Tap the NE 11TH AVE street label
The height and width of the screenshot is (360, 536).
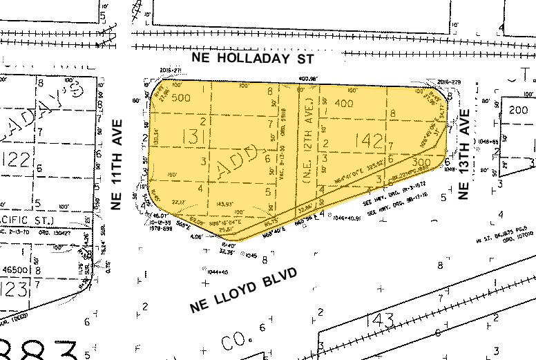pos(116,167)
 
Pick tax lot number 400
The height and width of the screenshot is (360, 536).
pos(344,104)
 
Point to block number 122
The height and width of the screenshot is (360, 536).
pos(15,160)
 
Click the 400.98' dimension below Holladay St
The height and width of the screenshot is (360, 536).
pos(307,79)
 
